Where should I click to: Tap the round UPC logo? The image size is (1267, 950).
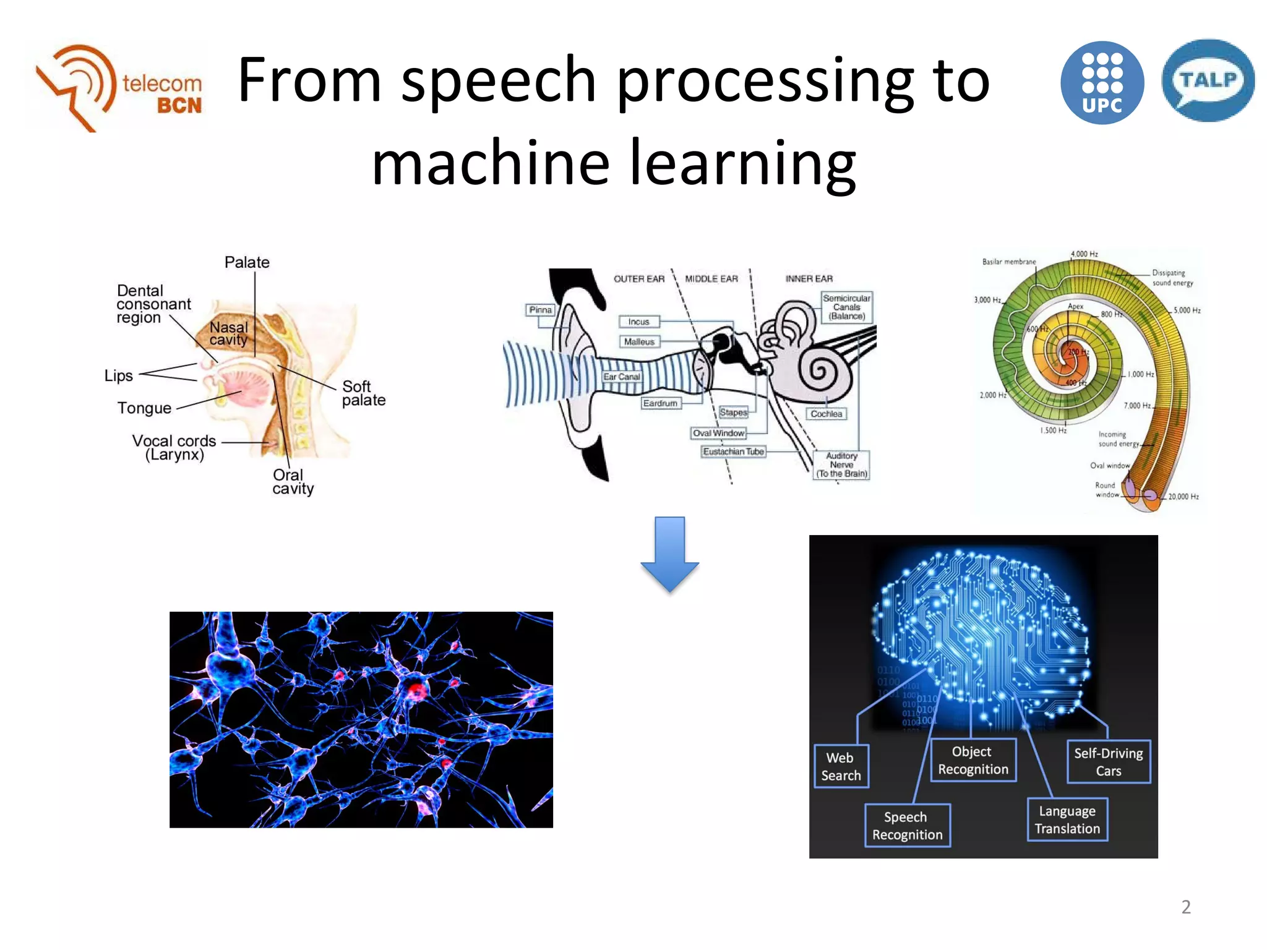coord(1102,83)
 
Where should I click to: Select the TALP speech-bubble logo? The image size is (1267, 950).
coord(1208,81)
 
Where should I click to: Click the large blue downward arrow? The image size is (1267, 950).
coord(669,554)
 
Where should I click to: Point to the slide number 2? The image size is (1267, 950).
coord(1185,907)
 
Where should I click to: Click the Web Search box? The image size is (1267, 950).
coord(841,766)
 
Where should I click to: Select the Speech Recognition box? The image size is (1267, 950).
coord(907,826)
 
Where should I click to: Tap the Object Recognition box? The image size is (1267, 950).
coord(973,760)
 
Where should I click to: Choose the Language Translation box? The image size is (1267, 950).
coord(1067,819)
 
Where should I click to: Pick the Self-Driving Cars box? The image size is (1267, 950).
coord(1108,762)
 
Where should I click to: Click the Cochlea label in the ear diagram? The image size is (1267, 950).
coord(826,414)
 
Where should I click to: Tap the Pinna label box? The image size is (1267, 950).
coord(540,310)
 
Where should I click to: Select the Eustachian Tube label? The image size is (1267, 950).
coord(733,451)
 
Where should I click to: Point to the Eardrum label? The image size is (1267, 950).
coord(660,403)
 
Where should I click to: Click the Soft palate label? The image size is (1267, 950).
coord(363,393)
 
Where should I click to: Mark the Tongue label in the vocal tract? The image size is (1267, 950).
coord(144,408)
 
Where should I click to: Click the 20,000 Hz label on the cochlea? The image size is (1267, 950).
coord(1183,497)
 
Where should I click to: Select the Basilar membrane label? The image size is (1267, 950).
coord(1008,262)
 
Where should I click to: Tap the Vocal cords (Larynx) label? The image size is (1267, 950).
coord(174,448)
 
